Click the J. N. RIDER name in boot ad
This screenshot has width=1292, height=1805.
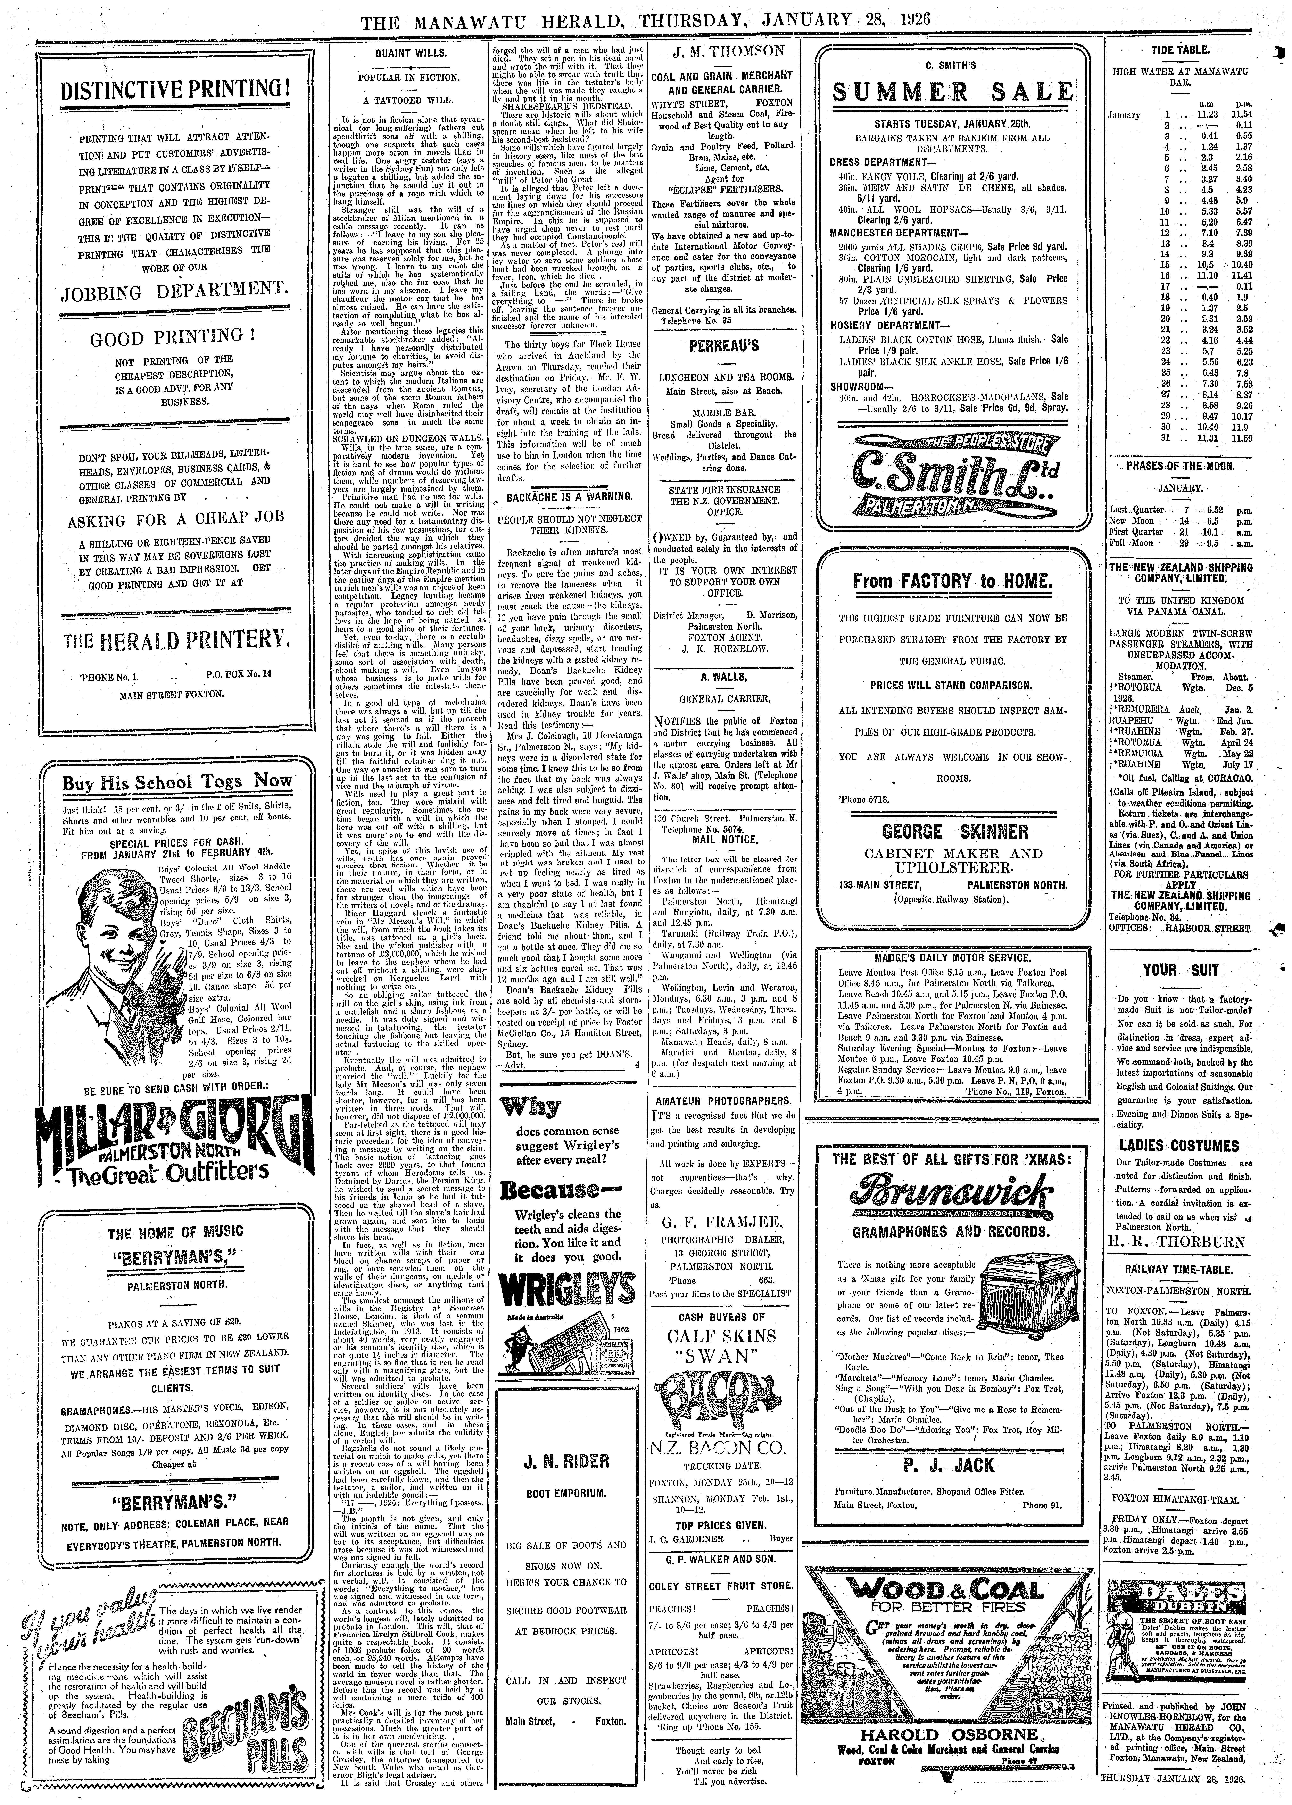click(x=566, y=1461)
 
